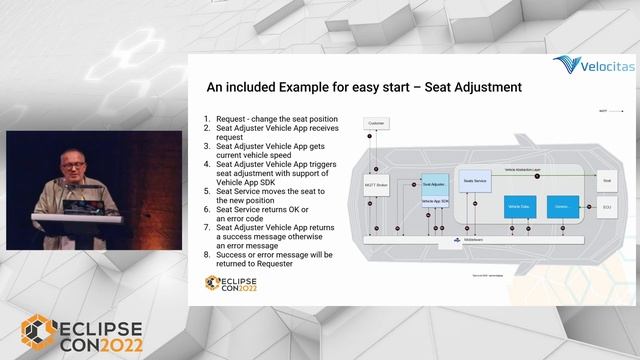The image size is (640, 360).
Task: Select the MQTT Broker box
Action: click(x=376, y=185)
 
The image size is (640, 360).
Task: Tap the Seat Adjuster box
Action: click(x=433, y=185)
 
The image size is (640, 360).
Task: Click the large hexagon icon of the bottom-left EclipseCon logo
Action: click(x=39, y=335)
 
